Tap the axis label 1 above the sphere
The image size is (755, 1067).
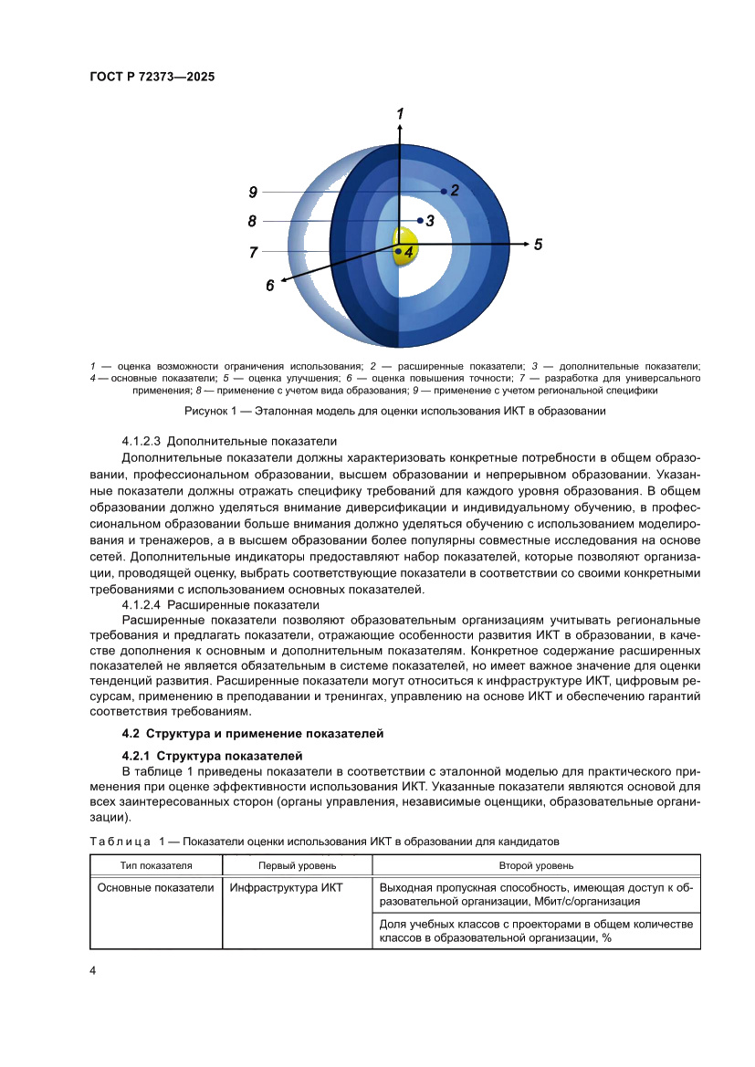(400, 113)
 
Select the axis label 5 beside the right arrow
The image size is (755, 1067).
(538, 245)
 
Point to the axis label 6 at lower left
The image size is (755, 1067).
(270, 286)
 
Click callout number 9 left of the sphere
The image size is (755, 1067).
(253, 192)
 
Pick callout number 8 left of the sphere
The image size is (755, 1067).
(253, 221)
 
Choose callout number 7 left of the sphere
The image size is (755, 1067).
(253, 252)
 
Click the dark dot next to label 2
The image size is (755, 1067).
(444, 191)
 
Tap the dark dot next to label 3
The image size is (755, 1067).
(420, 220)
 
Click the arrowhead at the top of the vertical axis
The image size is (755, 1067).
(400, 128)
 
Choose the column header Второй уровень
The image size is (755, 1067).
(536, 865)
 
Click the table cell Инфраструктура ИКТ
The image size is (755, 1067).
(286, 887)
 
